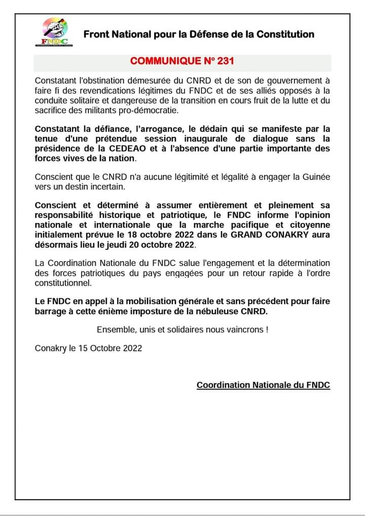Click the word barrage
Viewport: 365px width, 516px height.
tap(51, 311)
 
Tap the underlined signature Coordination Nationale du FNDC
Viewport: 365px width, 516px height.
tap(263, 385)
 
